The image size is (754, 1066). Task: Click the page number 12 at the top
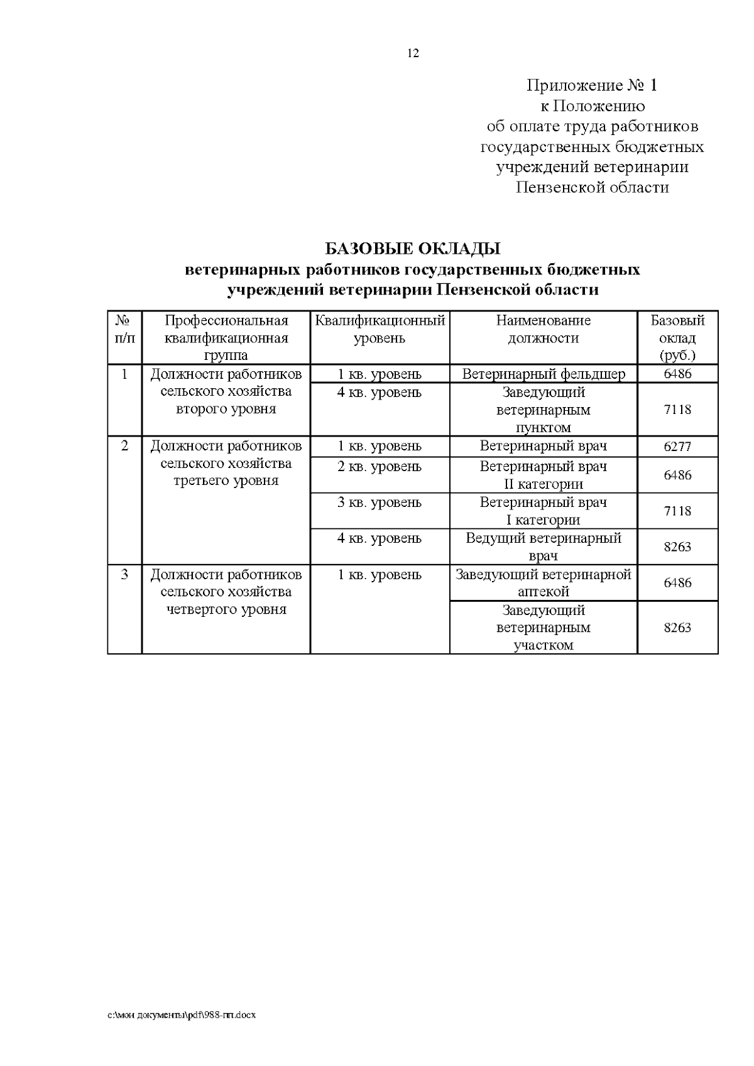(x=413, y=53)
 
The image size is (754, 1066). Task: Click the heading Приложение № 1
(x=591, y=85)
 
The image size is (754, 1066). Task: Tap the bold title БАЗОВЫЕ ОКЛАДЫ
(x=412, y=249)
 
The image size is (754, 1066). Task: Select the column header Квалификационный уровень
(x=380, y=329)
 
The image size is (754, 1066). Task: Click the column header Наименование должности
(x=543, y=329)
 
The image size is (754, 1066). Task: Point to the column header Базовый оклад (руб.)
(x=677, y=338)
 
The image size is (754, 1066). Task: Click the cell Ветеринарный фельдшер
(x=544, y=374)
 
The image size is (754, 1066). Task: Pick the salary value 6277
(x=677, y=447)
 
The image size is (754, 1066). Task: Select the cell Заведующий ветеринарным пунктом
(x=544, y=410)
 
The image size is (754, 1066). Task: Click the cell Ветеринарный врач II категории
(x=544, y=475)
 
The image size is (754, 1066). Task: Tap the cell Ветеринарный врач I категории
(x=544, y=511)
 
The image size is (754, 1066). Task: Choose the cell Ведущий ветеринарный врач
(x=544, y=547)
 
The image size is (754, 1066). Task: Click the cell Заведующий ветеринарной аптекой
(x=544, y=582)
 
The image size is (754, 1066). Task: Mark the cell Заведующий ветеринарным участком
(x=544, y=628)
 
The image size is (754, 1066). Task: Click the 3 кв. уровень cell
(x=380, y=503)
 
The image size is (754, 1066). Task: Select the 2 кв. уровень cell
(x=380, y=467)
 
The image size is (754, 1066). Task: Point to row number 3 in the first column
(x=124, y=574)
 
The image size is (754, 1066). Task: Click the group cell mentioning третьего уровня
(x=226, y=464)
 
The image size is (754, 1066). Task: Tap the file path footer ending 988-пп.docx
(x=182, y=1014)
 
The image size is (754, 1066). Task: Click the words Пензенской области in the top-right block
(x=591, y=187)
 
